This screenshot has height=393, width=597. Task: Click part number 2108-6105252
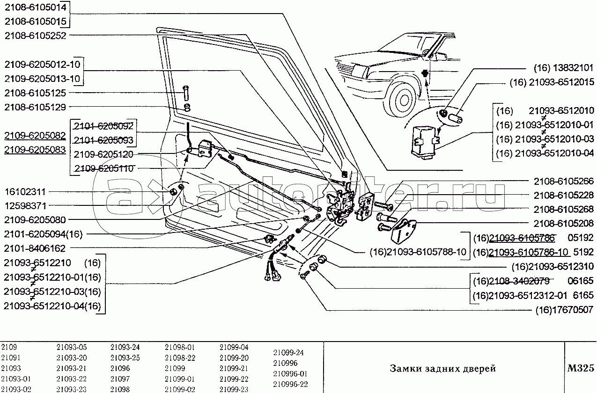[36, 35]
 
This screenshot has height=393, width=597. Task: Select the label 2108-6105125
[36, 93]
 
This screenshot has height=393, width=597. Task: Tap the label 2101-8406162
[36, 248]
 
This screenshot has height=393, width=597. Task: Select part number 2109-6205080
[36, 219]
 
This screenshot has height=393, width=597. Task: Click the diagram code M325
[581, 368]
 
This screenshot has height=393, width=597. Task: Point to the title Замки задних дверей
[442, 369]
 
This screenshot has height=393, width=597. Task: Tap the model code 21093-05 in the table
[71, 348]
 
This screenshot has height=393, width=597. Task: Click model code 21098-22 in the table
[180, 358]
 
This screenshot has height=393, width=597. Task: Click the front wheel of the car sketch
[403, 98]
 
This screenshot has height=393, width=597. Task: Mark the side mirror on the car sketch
[441, 57]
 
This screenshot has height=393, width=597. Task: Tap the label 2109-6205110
[103, 168]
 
